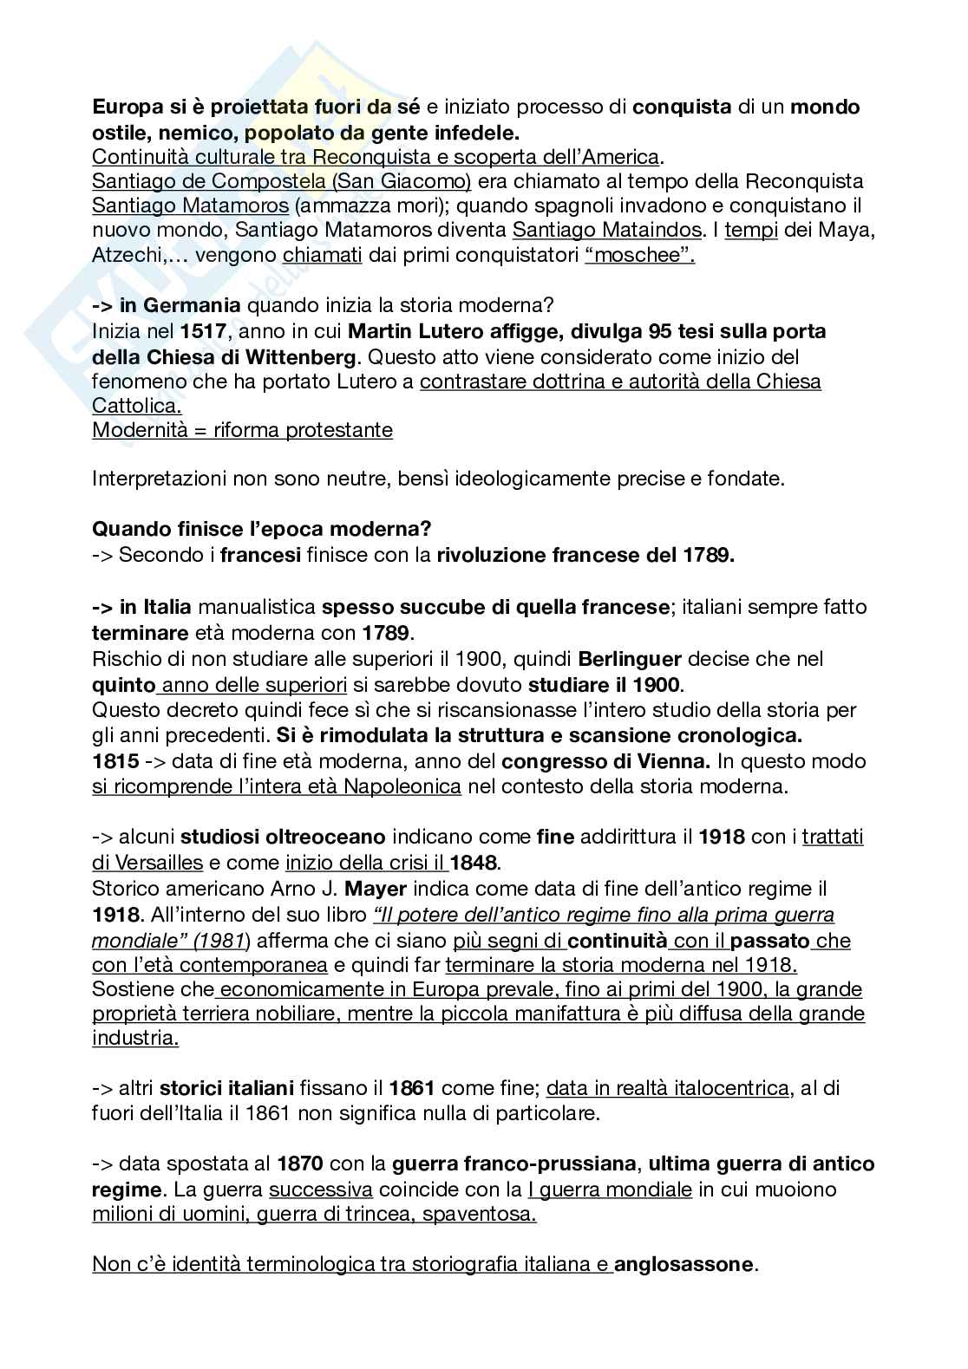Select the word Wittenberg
[x=301, y=356]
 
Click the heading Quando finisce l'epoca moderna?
[x=262, y=528]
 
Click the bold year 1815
[x=115, y=761]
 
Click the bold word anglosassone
[x=686, y=1264]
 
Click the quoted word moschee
[x=640, y=256]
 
